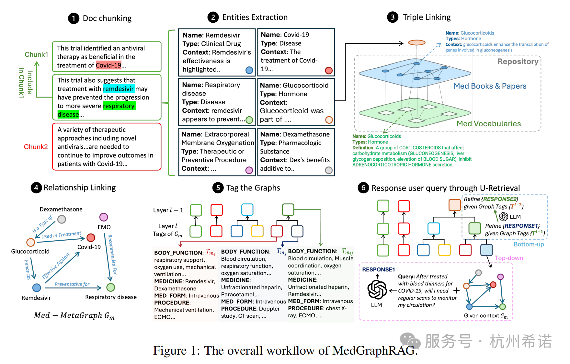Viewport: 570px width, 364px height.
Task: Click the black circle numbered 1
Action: click(x=74, y=18)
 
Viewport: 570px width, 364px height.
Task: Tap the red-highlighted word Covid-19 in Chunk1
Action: click(x=108, y=65)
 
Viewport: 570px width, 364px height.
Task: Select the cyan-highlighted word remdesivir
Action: click(x=118, y=89)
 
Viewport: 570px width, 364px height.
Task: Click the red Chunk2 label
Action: click(x=36, y=147)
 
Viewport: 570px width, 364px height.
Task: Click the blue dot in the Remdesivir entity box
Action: click(x=249, y=70)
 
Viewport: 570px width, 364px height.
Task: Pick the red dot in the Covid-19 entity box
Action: click(x=328, y=70)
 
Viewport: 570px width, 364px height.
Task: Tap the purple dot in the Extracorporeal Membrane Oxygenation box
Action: click(x=249, y=170)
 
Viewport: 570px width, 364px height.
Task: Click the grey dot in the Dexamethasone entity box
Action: click(x=328, y=170)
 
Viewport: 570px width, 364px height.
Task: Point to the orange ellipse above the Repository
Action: click(x=416, y=42)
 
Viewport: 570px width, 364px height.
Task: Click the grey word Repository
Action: click(x=518, y=62)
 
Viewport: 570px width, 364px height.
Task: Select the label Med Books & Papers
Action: click(x=490, y=86)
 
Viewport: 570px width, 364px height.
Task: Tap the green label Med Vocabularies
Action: click(x=488, y=124)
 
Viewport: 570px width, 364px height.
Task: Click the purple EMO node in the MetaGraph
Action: click(x=103, y=217)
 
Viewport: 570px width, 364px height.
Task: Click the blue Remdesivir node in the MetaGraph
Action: click(x=37, y=287)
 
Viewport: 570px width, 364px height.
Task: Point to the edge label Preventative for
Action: click(x=72, y=284)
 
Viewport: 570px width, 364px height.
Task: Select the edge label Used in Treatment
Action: click(x=61, y=235)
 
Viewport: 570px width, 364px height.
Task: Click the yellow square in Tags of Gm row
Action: click(x=257, y=231)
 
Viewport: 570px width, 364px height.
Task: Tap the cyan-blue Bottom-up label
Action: click(x=529, y=244)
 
